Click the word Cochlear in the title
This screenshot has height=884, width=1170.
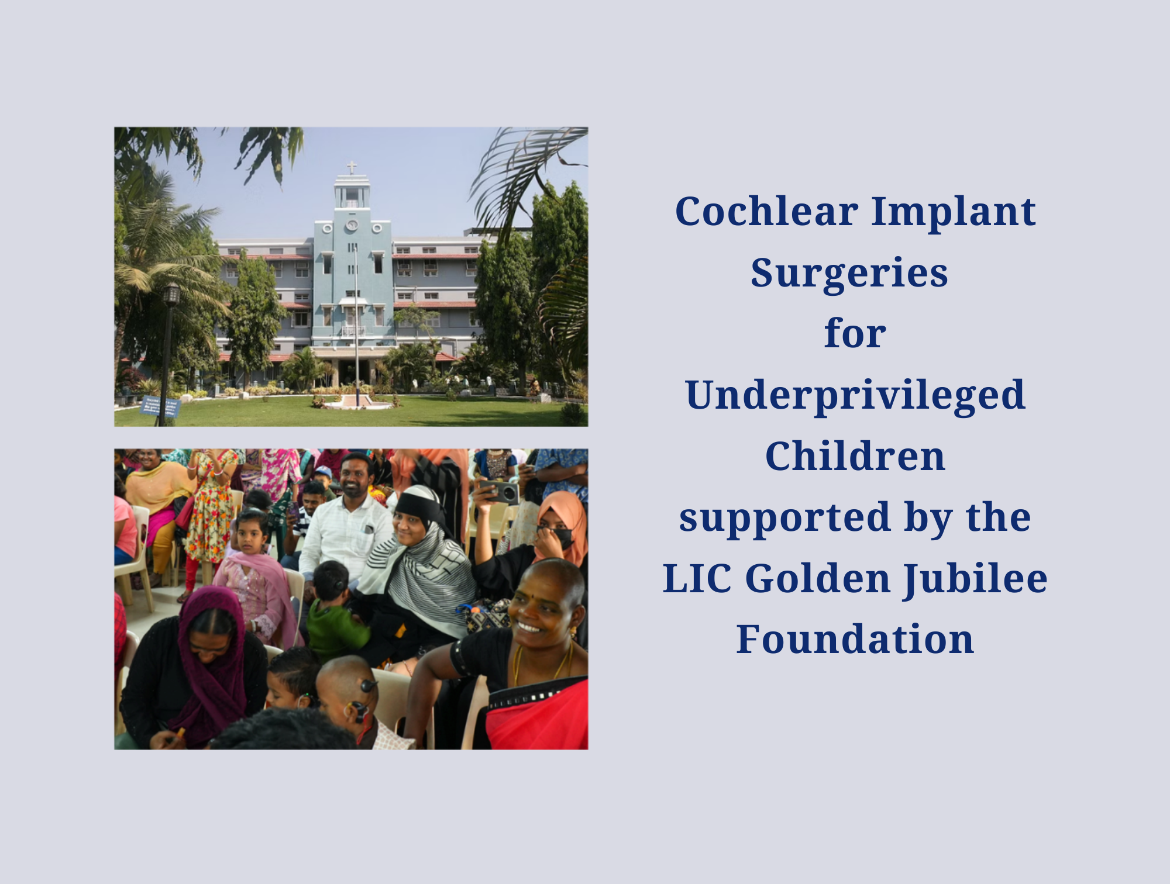tap(766, 212)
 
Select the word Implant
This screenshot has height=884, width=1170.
tap(954, 212)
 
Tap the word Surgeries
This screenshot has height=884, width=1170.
tap(849, 273)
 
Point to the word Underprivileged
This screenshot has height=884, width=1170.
tap(855, 396)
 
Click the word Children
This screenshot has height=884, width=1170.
tap(855, 457)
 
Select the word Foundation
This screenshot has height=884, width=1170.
tap(855, 640)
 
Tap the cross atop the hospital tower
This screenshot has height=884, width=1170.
tap(352, 168)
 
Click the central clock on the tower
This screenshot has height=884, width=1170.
tap(352, 225)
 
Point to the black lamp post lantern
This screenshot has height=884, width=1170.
tap(171, 294)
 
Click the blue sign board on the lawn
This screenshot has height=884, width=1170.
tap(160, 406)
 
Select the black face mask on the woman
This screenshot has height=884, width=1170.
tap(559, 537)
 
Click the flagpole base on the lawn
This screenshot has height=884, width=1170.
tap(357, 402)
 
